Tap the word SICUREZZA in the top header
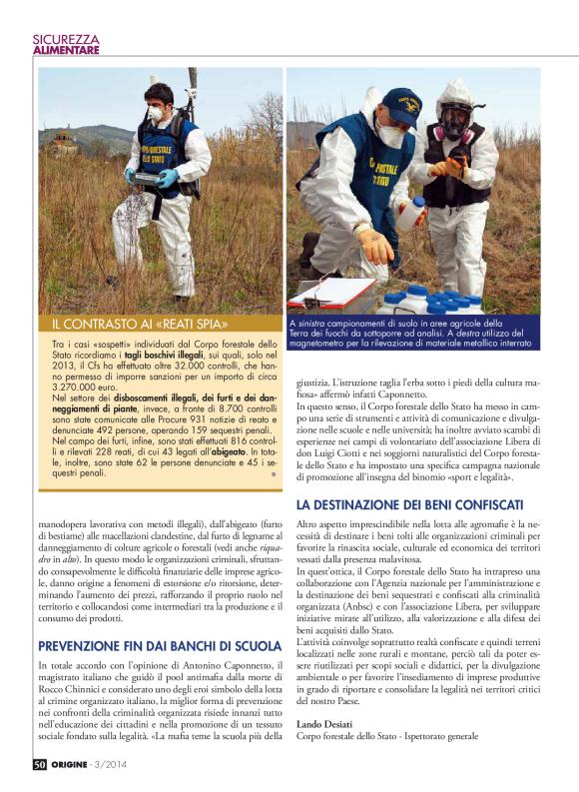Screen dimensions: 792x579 tap(67, 39)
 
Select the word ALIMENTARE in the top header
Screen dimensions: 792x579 tap(67, 51)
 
